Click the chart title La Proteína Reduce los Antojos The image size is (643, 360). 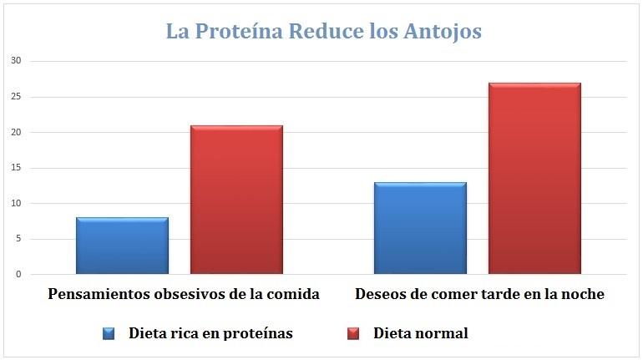[x=323, y=32]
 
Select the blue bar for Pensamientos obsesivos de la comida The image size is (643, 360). [x=122, y=246]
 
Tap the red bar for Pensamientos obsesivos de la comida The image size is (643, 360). [x=236, y=200]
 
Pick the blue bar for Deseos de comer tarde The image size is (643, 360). [x=420, y=228]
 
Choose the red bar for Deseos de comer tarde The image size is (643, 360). [x=534, y=179]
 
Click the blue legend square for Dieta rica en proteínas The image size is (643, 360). [x=109, y=333]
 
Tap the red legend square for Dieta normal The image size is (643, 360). [x=352, y=333]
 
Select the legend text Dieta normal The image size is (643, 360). [x=420, y=333]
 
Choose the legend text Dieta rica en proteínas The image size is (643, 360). [x=210, y=333]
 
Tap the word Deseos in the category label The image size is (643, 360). [x=380, y=295]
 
